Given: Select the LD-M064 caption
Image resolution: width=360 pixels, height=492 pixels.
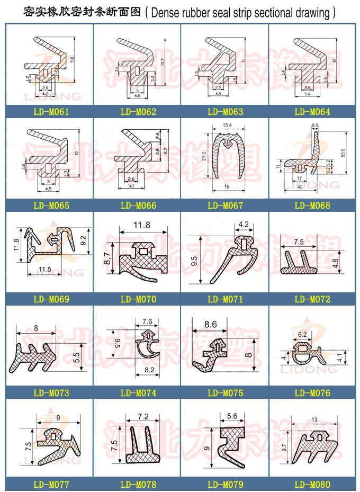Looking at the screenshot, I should click(x=312, y=112).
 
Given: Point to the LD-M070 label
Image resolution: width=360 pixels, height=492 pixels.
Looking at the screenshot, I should click(x=138, y=299).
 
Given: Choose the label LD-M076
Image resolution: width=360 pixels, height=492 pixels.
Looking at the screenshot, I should click(x=312, y=393).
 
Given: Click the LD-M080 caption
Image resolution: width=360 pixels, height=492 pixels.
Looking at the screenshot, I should click(x=312, y=484).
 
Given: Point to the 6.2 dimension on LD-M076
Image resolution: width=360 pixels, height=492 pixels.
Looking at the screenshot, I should click(x=303, y=334).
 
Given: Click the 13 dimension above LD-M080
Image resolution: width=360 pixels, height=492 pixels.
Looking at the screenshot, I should click(x=316, y=419).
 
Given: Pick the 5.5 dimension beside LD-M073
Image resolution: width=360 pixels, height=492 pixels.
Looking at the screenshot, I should click(x=76, y=357).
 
